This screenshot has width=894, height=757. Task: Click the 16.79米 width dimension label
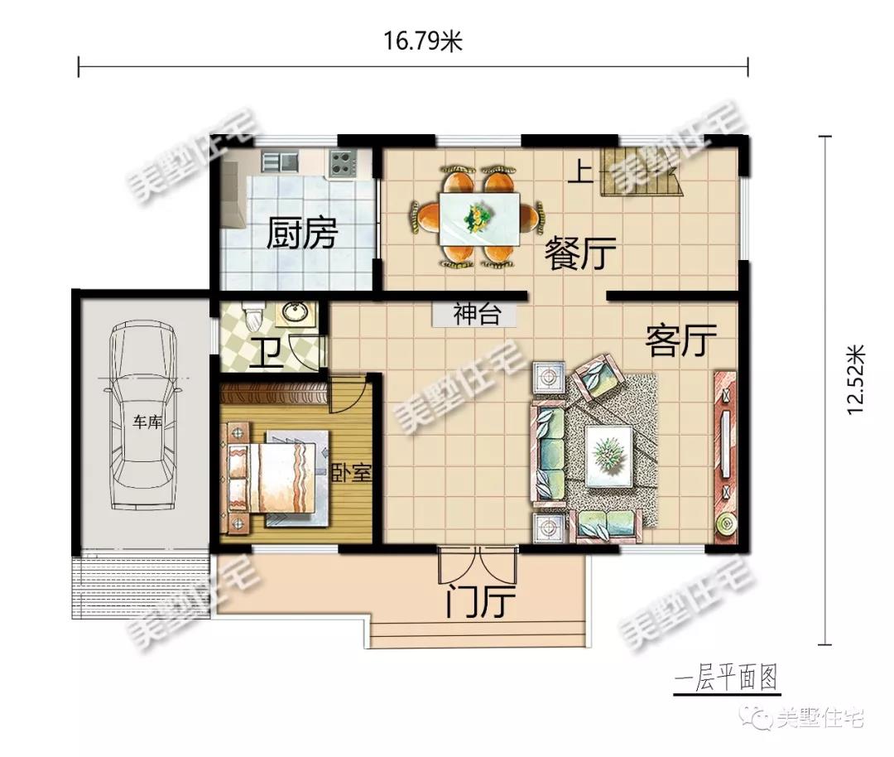(x=422, y=41)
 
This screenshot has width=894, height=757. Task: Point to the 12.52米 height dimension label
(x=856, y=379)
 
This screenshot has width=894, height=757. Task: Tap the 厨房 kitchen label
(x=302, y=233)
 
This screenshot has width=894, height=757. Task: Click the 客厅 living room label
(x=680, y=340)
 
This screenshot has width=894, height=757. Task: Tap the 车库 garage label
(x=147, y=422)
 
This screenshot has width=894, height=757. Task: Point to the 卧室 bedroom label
(x=352, y=472)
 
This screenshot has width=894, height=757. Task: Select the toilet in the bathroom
(x=252, y=316)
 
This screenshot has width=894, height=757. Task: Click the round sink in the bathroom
(x=296, y=313)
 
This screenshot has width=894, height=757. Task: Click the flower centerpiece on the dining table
(x=475, y=218)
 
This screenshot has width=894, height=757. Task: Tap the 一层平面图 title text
(x=727, y=679)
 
